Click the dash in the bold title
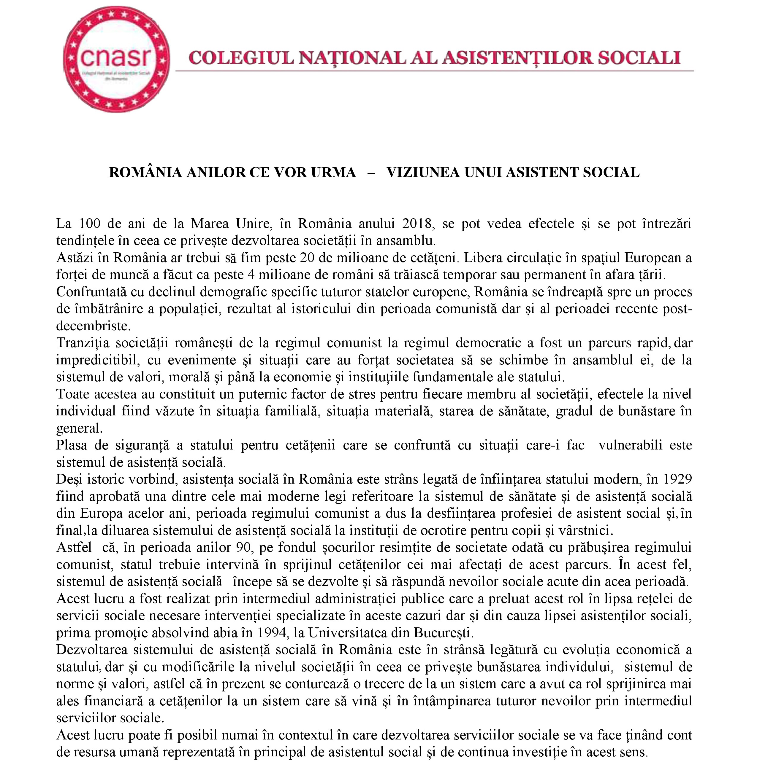(x=371, y=172)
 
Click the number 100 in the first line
(x=90, y=224)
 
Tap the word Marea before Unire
(x=210, y=224)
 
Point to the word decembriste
(x=93, y=326)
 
